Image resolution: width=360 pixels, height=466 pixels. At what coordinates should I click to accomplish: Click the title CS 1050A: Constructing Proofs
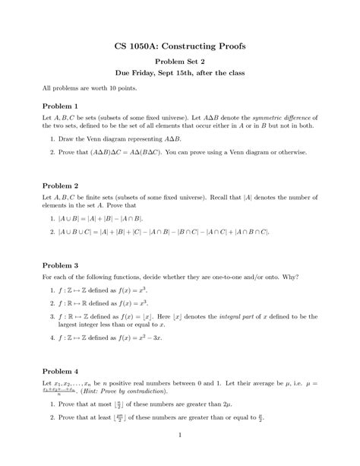coord(179,46)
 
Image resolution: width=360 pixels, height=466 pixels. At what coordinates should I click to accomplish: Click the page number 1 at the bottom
coord(180,435)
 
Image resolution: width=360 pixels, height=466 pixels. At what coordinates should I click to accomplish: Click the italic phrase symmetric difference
coord(285,119)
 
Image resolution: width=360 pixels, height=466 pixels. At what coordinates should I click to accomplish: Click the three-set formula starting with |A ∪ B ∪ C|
coord(164,231)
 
